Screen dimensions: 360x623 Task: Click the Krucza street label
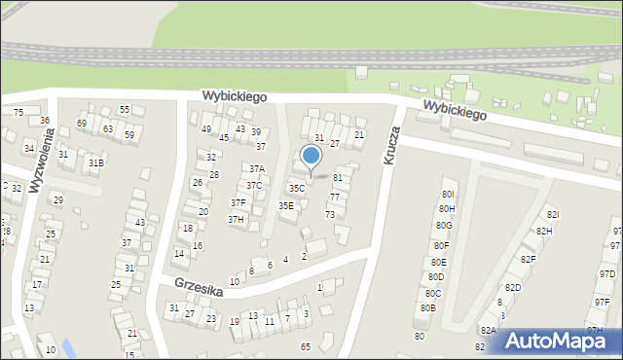[x=392, y=144]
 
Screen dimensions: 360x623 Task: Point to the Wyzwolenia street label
[x=44, y=161]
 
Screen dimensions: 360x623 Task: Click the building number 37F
[x=238, y=202]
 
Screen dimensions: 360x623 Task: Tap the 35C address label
[x=297, y=188]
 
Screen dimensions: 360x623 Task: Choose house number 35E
[x=286, y=205]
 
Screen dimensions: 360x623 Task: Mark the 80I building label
[x=448, y=181]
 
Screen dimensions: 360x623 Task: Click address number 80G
[x=444, y=225]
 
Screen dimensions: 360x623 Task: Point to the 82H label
[x=543, y=231]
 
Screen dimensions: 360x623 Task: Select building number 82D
[x=512, y=287]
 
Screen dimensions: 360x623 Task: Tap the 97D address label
[x=606, y=274]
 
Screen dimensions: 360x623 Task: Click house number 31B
[x=95, y=162]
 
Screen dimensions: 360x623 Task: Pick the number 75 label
[x=18, y=113]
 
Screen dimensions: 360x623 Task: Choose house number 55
[x=125, y=110]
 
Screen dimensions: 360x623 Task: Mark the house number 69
[x=82, y=124]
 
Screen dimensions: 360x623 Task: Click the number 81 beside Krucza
[x=338, y=178]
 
